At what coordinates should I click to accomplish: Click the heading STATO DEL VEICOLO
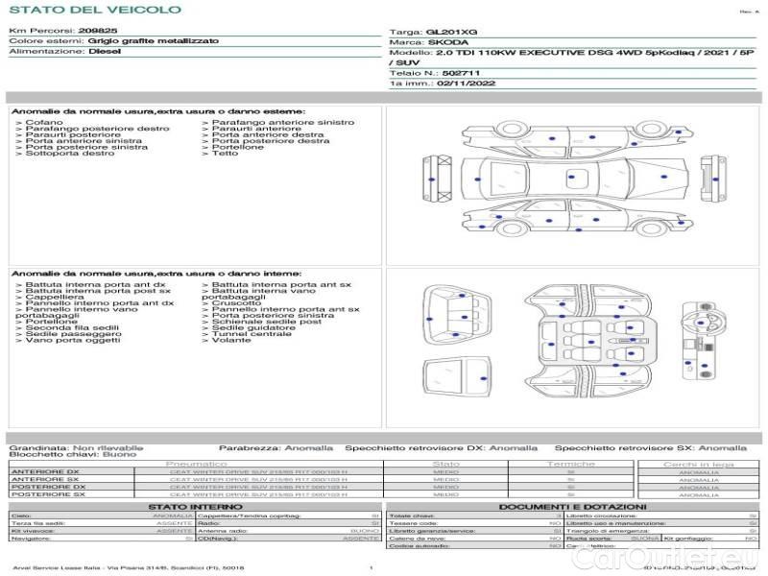point(94,10)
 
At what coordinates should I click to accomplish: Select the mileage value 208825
point(98,32)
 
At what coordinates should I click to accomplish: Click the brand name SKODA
point(448,43)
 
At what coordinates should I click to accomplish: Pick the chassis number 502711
point(463,73)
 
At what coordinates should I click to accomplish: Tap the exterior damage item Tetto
point(225,154)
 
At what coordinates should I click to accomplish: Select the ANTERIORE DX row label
point(45,471)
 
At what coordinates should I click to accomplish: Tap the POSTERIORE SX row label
point(47,494)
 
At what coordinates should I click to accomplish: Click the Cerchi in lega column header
point(698,464)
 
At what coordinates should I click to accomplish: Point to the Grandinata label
point(38,447)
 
